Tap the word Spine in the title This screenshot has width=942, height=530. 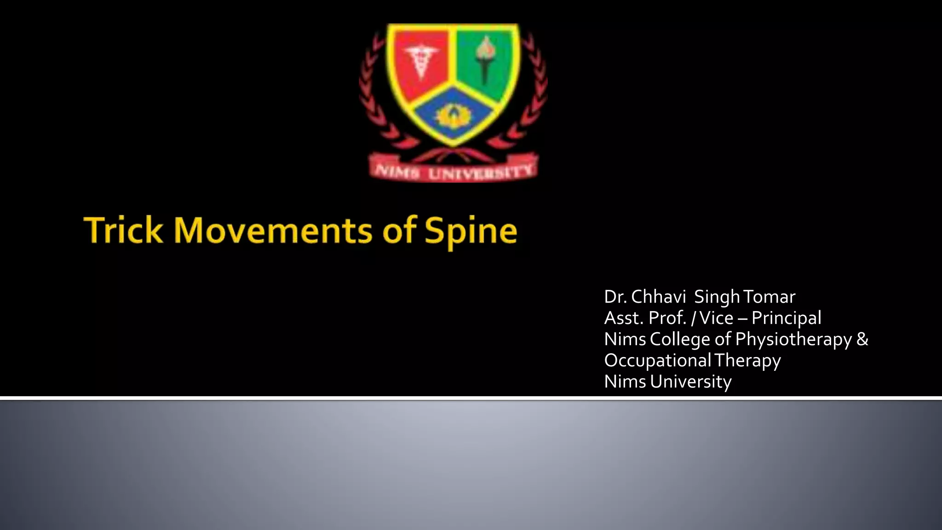pos(471,230)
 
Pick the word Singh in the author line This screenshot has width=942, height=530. pos(717,297)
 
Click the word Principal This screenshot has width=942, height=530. pos(786,318)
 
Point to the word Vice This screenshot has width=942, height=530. pos(716,318)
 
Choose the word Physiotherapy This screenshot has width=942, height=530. pos(793,340)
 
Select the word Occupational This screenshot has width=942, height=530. pos(657,360)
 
